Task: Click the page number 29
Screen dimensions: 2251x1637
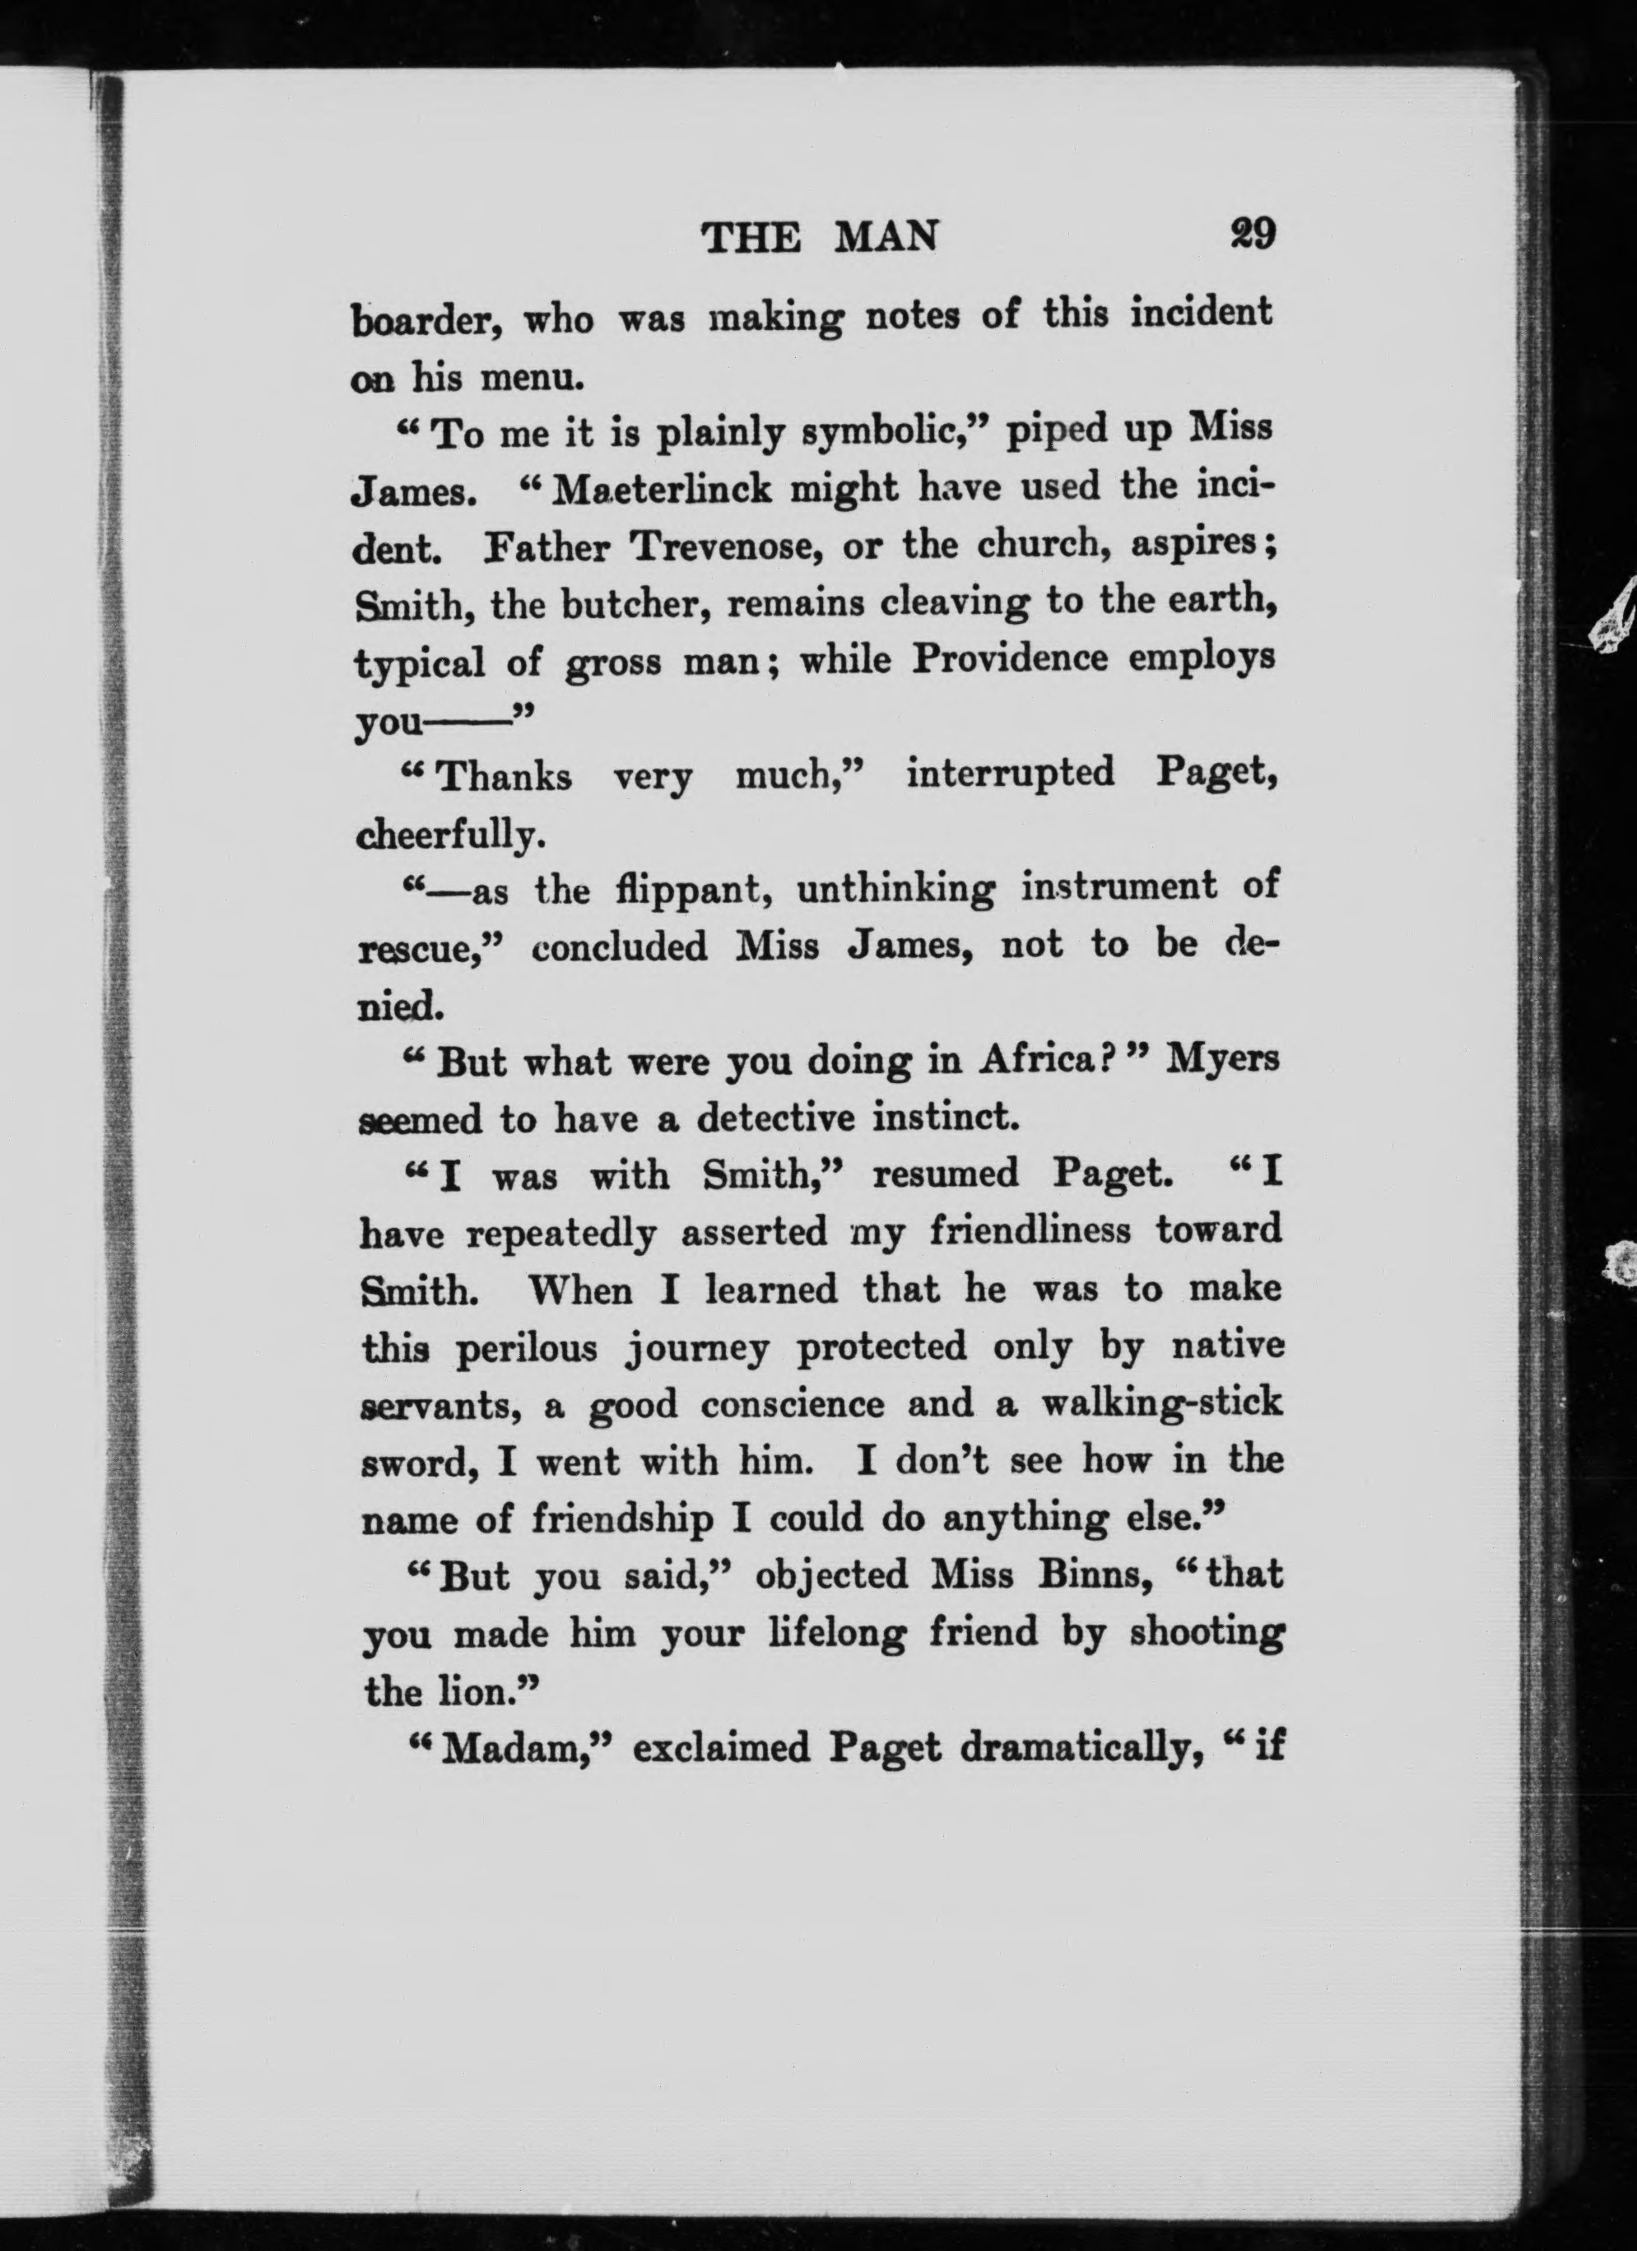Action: click(1251, 235)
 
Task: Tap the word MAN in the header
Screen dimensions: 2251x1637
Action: click(886, 237)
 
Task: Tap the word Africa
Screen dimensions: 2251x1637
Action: click(1041, 1062)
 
